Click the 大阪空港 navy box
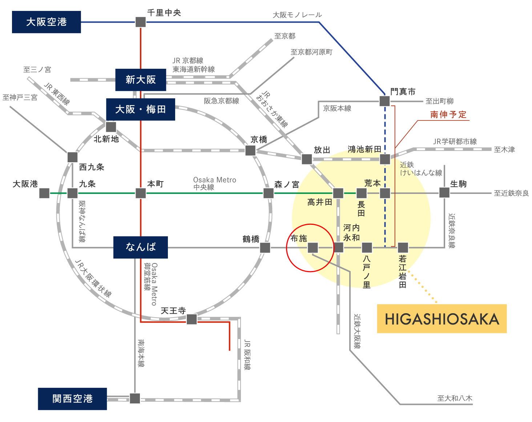point(46,22)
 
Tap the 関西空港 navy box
point(72,399)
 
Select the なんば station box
point(141,247)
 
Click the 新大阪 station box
point(141,80)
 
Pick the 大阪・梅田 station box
point(141,109)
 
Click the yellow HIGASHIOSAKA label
point(442,319)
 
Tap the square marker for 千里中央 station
point(141,22)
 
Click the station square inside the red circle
point(313,248)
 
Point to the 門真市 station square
point(384,101)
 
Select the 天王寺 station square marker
point(192,319)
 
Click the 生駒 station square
point(444,192)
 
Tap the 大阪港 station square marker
point(44,193)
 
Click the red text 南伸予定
point(448,115)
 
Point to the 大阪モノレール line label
point(297,15)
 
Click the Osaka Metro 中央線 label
point(214,183)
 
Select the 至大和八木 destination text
point(455,398)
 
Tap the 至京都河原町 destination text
point(311,52)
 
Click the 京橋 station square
point(250,150)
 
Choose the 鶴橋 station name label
point(251,239)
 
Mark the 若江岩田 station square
point(403,248)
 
